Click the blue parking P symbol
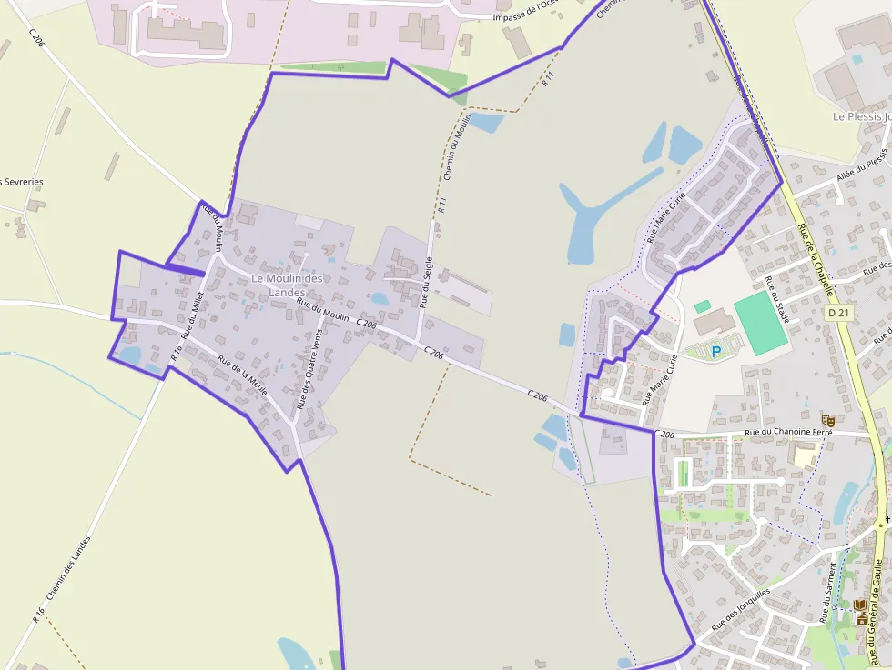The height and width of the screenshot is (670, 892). (715, 350)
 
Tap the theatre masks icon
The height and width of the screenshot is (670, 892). (827, 419)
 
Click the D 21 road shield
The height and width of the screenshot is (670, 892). (839, 313)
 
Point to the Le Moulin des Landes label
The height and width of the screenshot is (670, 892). (288, 285)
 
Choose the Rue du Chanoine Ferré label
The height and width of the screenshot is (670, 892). (788, 433)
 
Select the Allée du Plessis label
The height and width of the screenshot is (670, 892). (861, 169)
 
